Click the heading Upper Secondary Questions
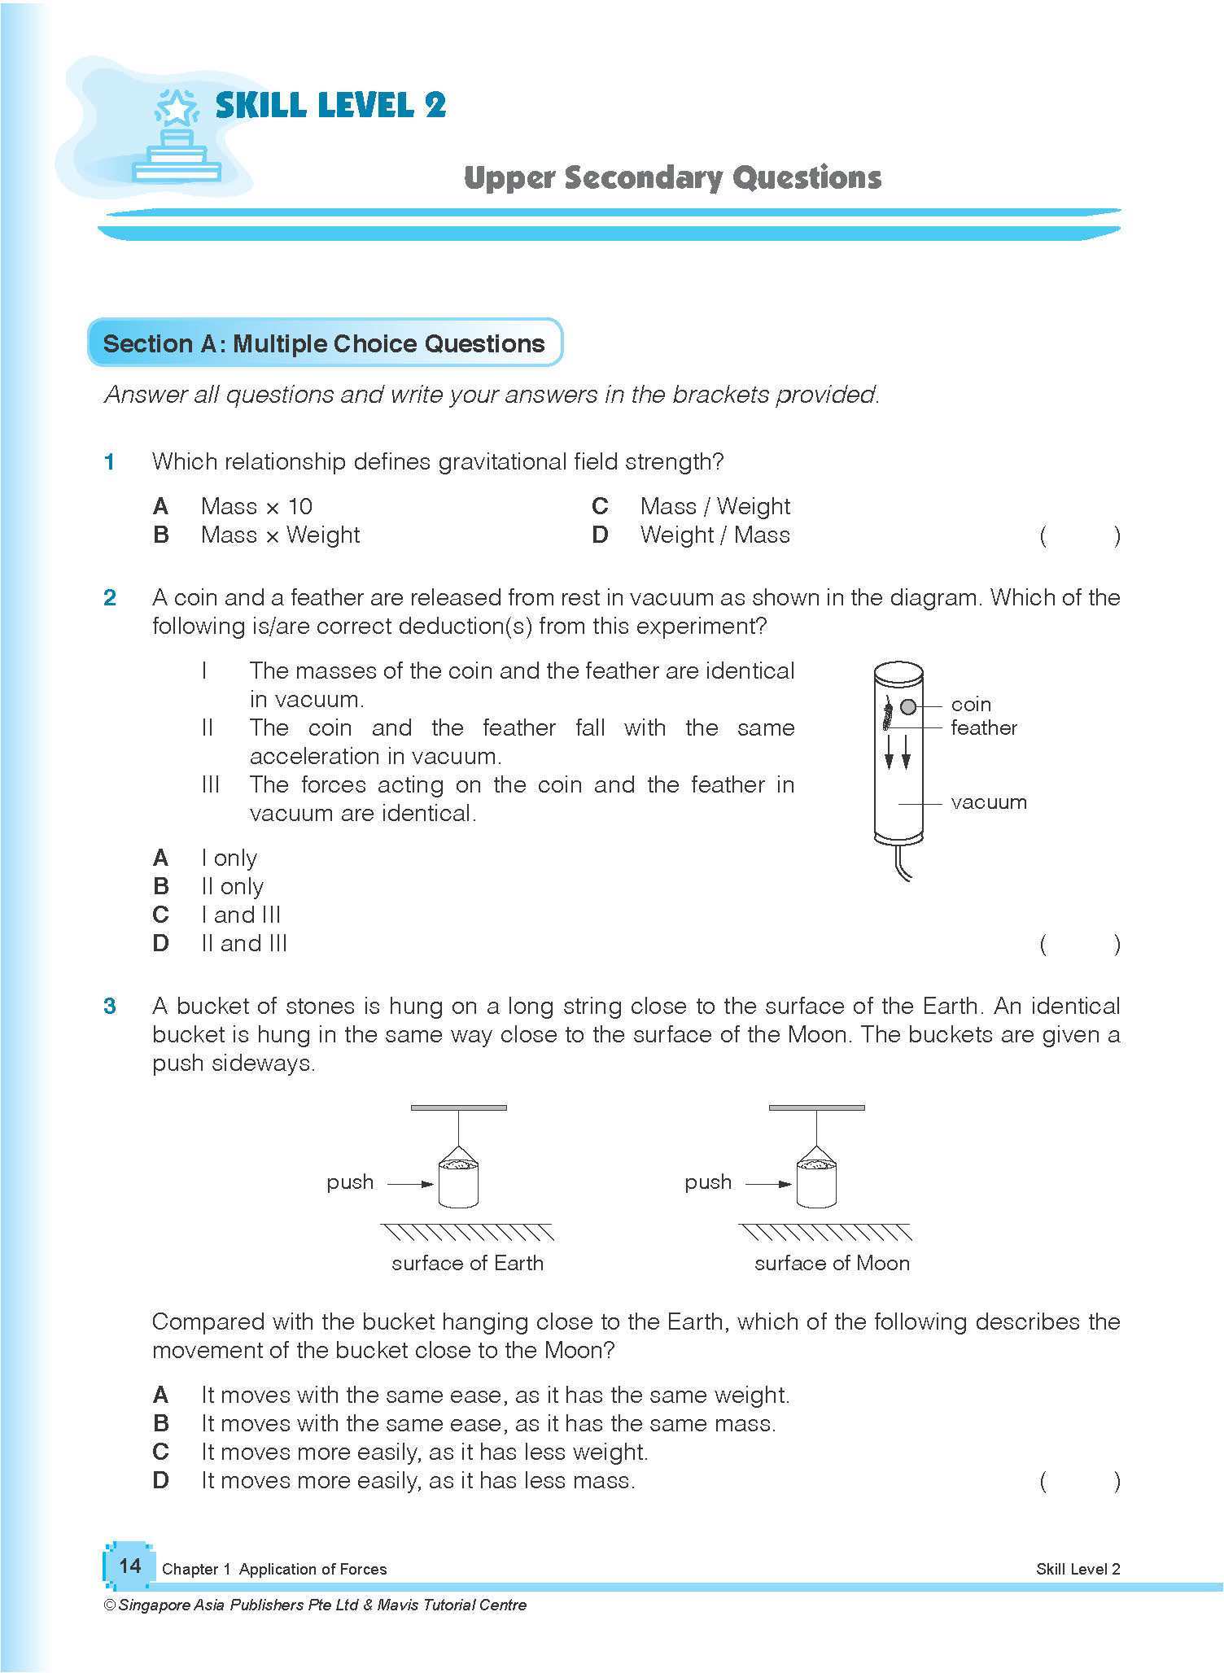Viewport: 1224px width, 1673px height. pyautogui.click(x=672, y=178)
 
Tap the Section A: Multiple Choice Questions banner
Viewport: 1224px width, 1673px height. pyautogui.click(x=324, y=343)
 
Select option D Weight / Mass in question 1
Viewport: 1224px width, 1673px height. pyautogui.click(x=714, y=535)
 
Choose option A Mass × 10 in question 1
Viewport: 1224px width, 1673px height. pyautogui.click(x=256, y=507)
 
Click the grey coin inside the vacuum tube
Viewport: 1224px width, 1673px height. pyautogui.click(x=908, y=706)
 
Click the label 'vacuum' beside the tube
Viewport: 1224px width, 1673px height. pyautogui.click(x=988, y=802)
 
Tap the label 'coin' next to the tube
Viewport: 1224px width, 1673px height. pyautogui.click(x=970, y=705)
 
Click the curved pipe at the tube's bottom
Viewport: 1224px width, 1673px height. pyautogui.click(x=902, y=864)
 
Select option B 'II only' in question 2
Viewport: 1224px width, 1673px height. pyautogui.click(x=232, y=886)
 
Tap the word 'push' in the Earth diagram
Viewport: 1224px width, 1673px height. pyautogui.click(x=350, y=1182)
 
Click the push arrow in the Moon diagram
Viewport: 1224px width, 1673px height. pyautogui.click(x=768, y=1184)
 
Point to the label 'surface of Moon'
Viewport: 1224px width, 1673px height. pyautogui.click(x=832, y=1263)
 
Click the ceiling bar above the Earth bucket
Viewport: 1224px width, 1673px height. pyautogui.click(x=458, y=1107)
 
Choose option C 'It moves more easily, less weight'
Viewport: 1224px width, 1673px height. pyautogui.click(x=423, y=1452)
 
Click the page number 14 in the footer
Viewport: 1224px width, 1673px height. pyautogui.click(x=129, y=1566)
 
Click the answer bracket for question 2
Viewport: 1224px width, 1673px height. pyautogui.click(x=1079, y=944)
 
